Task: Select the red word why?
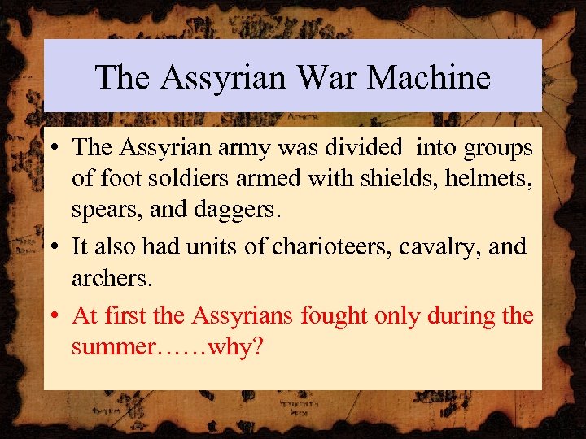235,347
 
